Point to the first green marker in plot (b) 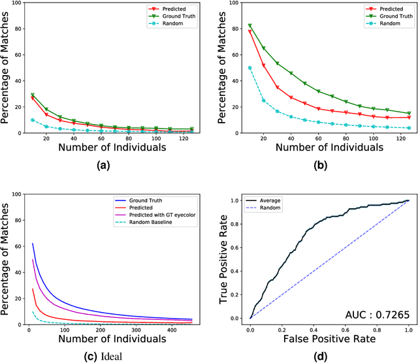coord(250,26)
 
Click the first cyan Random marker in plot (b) coord(250,67)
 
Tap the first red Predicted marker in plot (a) coord(33,99)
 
